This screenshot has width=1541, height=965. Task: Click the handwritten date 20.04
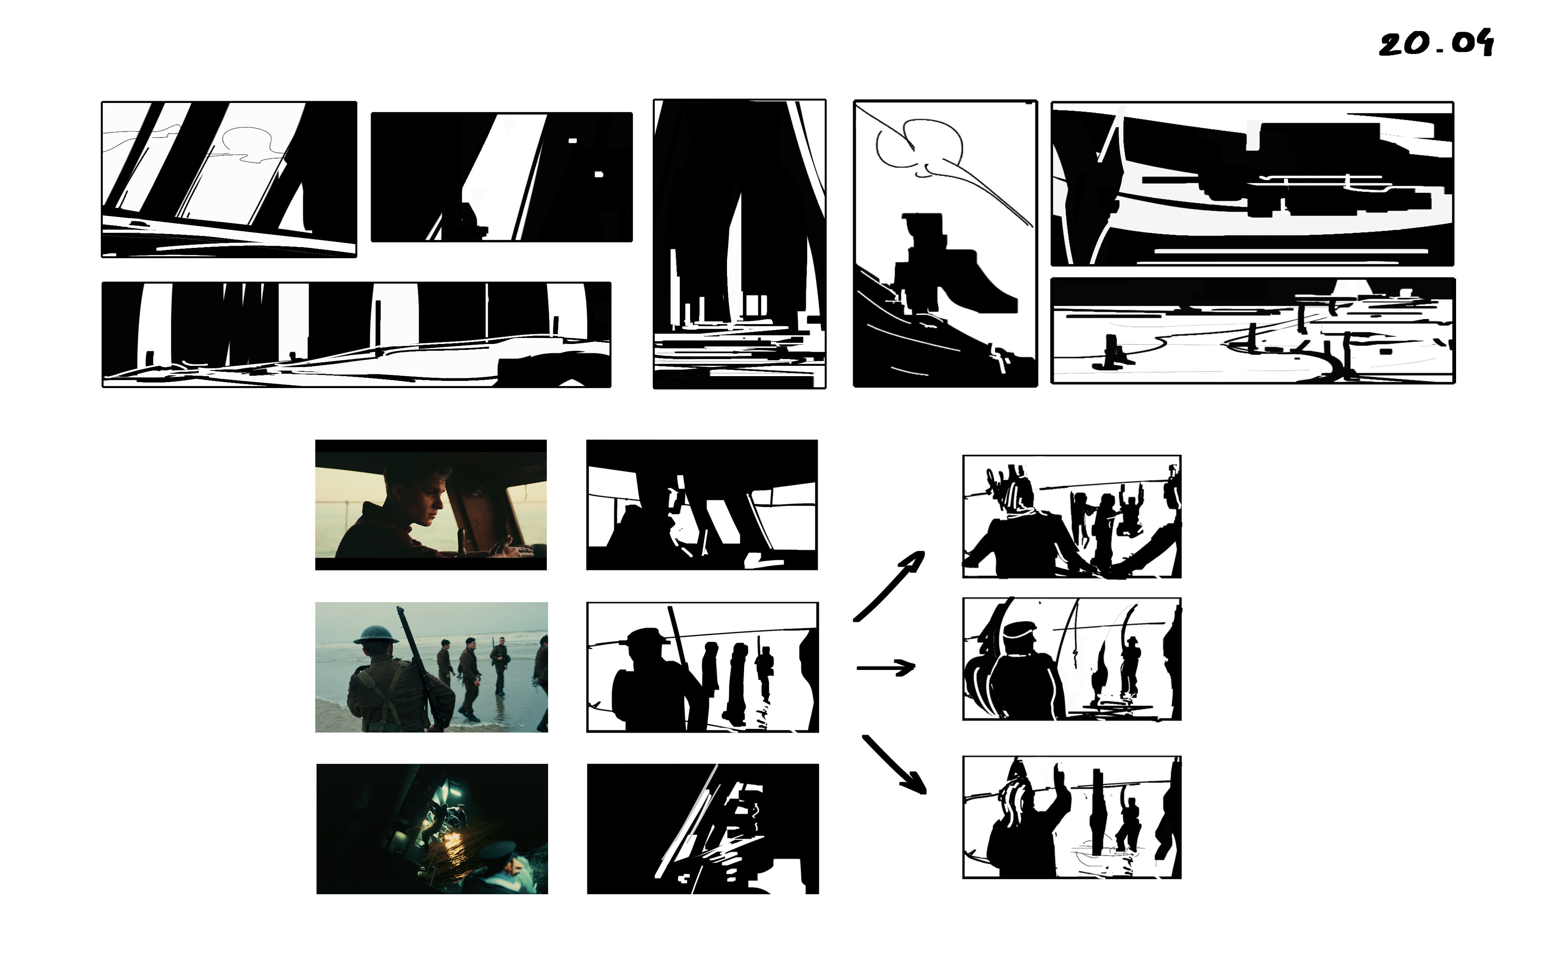click(1436, 43)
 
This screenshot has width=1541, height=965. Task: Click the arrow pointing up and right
click(889, 586)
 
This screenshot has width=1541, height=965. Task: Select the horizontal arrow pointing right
click(886, 668)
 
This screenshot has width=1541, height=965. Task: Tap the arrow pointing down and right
click(893, 765)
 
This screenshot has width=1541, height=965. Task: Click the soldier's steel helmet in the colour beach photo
click(375, 634)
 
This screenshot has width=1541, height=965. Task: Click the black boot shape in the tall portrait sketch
click(951, 265)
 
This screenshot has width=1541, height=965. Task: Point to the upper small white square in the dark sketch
click(573, 140)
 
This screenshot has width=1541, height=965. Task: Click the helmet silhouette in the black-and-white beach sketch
click(647, 636)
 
